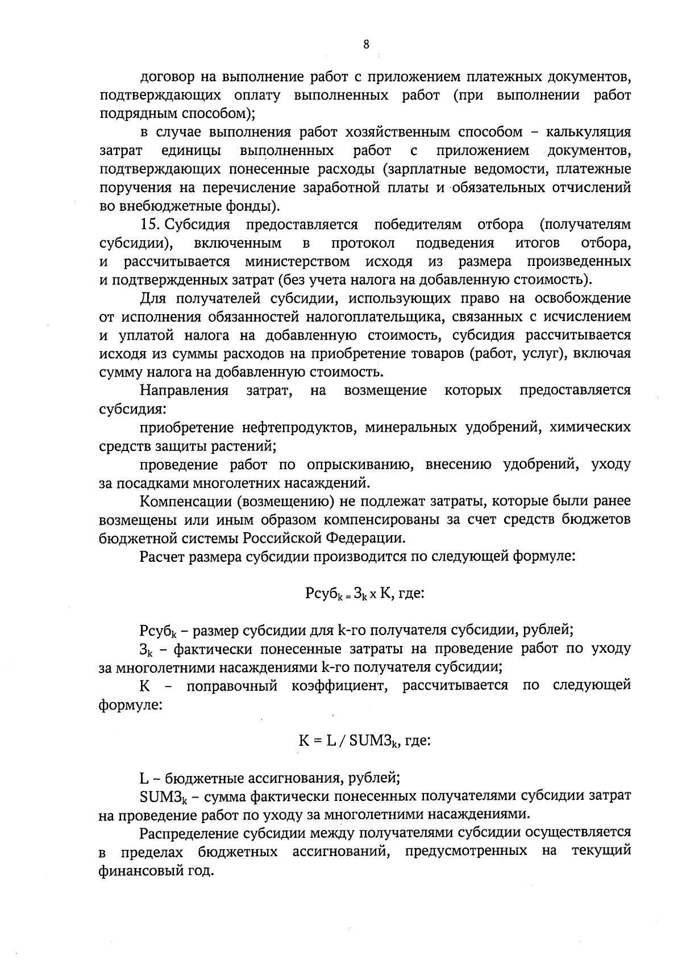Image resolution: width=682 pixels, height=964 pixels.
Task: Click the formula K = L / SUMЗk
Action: point(351,741)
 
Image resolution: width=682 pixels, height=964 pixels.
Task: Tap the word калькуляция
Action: point(588,132)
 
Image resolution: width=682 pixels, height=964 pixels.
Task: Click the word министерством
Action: point(297,261)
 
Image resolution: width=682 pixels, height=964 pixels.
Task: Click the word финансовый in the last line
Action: point(138,870)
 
